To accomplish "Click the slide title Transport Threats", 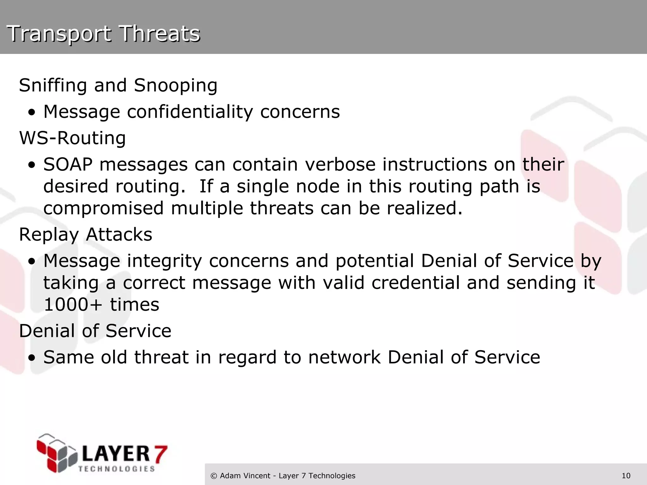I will pyautogui.click(x=103, y=33).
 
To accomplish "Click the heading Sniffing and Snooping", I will pyautogui.click(x=118, y=85).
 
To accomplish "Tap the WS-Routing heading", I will pyautogui.click(x=72, y=138).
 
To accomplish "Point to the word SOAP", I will pyautogui.click(x=68, y=165).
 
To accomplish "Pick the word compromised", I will pyautogui.click(x=103, y=208).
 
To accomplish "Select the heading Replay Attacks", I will pyautogui.click(x=86, y=235).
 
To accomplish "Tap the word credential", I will pyautogui.click(x=415, y=283).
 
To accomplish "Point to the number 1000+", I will pyautogui.click(x=73, y=305).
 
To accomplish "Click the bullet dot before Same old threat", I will pyautogui.click(x=32, y=358).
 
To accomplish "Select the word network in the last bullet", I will pyautogui.click(x=344, y=357).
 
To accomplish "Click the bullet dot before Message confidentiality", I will pyautogui.click(x=32, y=113).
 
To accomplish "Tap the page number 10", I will pyautogui.click(x=626, y=476).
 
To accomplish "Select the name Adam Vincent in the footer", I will pyautogui.click(x=245, y=476).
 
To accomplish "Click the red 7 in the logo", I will pyautogui.click(x=160, y=454).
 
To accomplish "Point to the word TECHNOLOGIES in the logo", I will pyautogui.click(x=116, y=469).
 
